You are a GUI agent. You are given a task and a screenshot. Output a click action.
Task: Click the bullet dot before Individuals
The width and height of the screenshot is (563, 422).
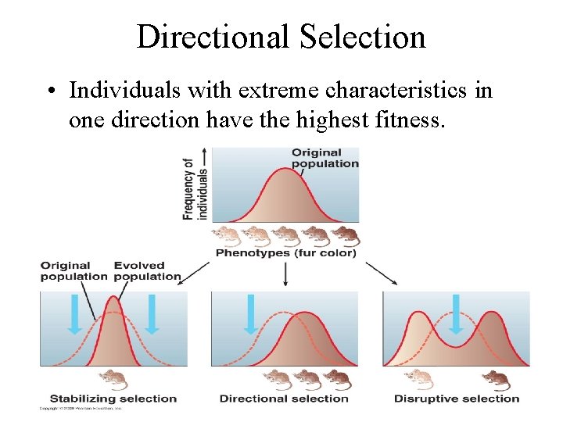coord(48,91)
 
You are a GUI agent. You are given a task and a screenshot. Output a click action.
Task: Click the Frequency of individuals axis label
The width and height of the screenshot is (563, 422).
coord(195,184)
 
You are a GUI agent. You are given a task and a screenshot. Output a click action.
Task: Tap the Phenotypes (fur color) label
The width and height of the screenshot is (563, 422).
coord(285,252)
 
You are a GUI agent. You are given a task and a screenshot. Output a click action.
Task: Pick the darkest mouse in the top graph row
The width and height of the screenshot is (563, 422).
coord(345,234)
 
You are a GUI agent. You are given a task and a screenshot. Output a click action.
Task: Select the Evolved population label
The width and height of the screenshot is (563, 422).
coord(147,271)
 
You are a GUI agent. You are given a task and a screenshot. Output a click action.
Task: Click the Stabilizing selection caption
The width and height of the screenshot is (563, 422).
coord(113,399)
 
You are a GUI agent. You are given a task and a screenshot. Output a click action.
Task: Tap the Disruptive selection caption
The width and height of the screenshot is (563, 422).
coord(457,399)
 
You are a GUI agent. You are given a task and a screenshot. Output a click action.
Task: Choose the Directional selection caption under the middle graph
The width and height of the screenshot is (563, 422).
coord(284,399)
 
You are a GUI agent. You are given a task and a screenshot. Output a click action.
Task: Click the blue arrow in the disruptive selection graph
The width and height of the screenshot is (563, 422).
coord(456,311)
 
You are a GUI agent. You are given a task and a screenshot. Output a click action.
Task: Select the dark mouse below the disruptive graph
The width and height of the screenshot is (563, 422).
coord(496,380)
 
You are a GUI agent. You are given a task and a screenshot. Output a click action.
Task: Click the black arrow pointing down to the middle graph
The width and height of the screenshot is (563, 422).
coord(285,273)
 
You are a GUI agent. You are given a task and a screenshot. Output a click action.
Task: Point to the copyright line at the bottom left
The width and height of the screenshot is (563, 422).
coord(82,409)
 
